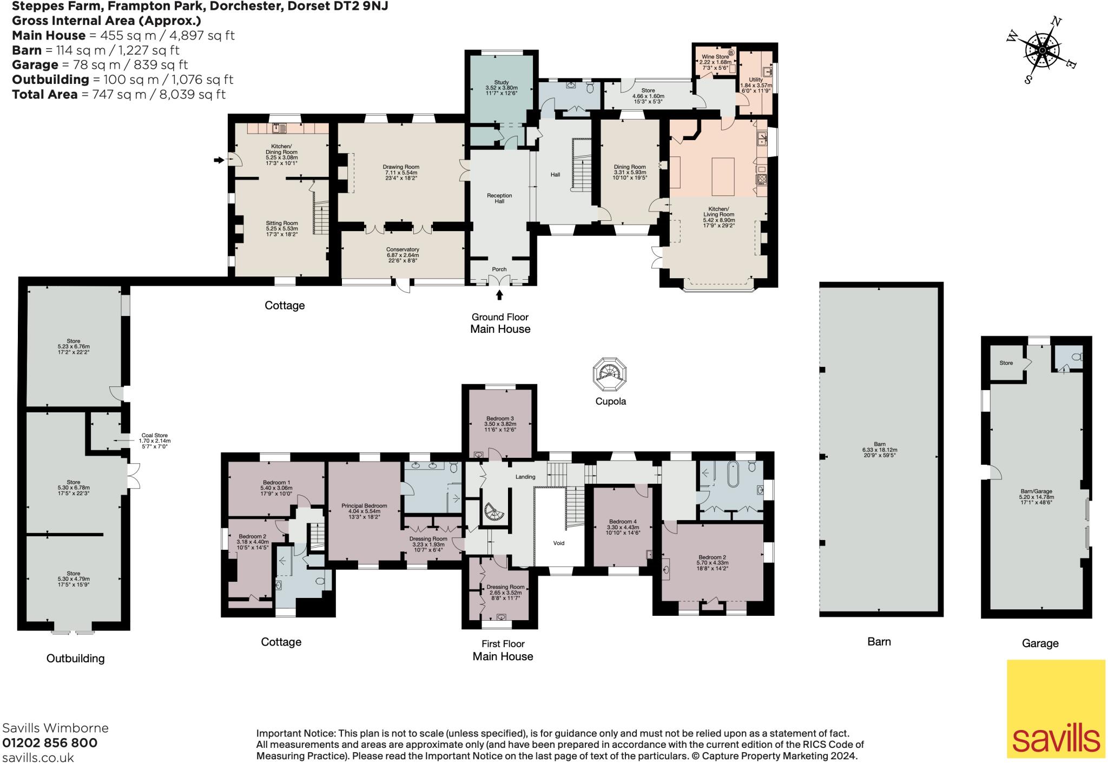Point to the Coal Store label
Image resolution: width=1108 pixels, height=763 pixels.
pos(154,438)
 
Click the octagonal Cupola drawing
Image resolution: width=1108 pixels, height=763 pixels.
pos(610,373)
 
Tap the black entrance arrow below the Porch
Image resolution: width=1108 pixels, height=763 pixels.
pos(499,295)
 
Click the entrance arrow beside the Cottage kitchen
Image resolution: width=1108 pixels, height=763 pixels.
pos(219,160)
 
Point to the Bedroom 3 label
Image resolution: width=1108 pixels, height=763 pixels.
pos(500,421)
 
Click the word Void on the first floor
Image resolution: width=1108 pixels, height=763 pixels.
pos(558,543)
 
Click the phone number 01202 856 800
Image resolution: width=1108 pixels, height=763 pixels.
pos(50,743)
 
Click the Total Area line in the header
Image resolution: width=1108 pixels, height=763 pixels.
pos(118,94)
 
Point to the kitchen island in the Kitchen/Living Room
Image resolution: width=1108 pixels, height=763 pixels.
pos(723,176)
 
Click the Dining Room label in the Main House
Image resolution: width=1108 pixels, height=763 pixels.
pos(630,169)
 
